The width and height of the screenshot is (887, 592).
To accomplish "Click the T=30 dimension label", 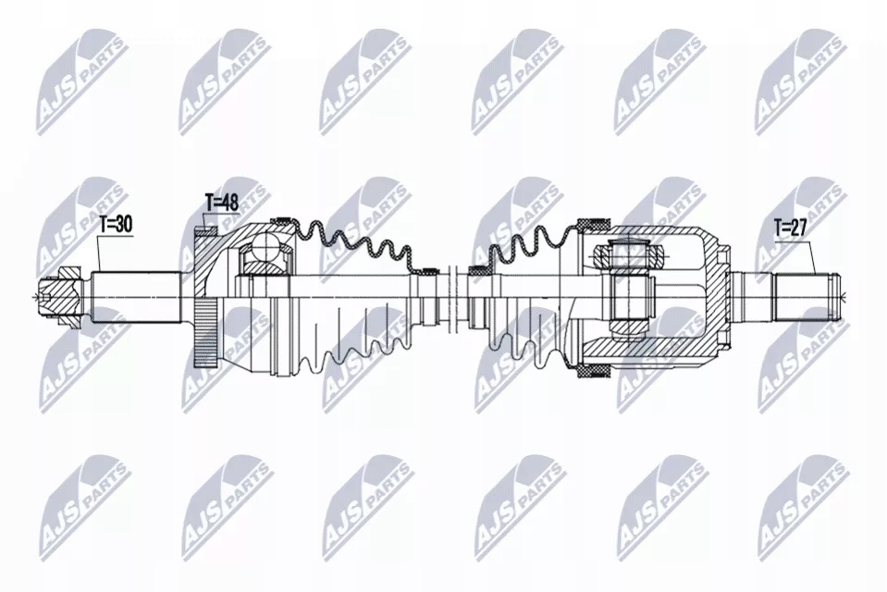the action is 116,225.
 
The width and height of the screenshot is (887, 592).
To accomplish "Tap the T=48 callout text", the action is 221,203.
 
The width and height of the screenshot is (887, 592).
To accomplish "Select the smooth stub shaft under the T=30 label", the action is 136,298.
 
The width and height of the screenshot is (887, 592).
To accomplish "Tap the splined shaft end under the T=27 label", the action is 807,296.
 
